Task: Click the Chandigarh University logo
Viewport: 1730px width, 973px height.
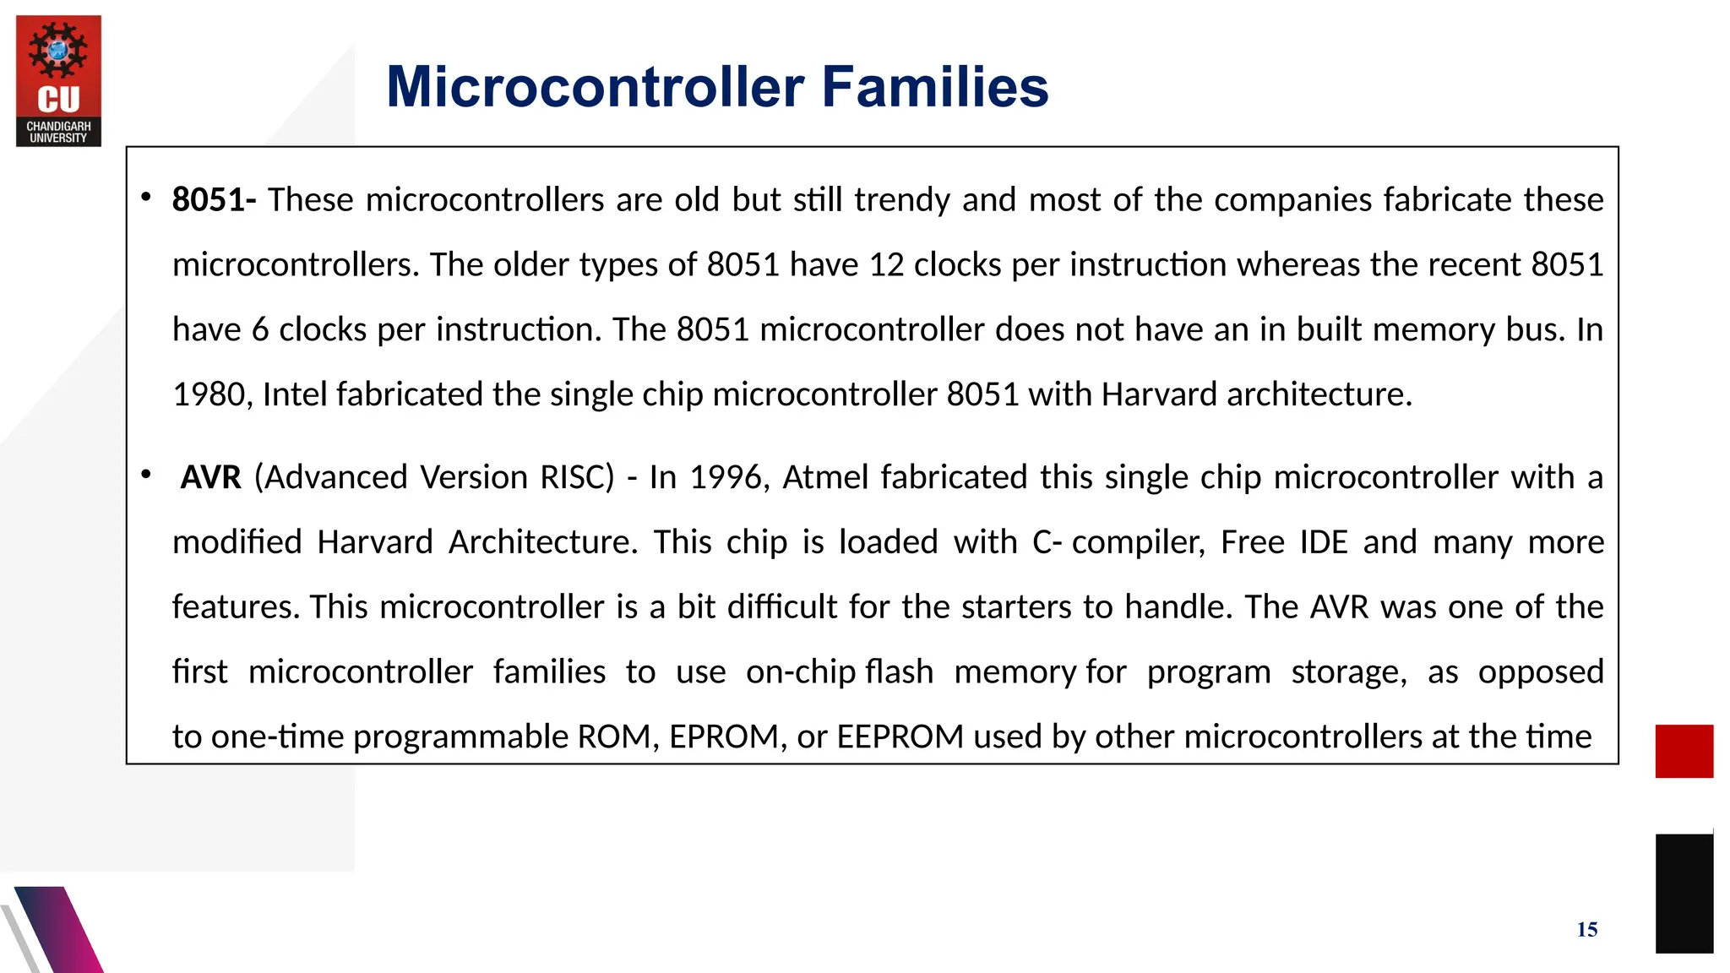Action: coord(58,81)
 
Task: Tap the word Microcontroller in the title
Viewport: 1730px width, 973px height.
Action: coord(595,87)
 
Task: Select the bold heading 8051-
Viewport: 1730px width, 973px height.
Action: coord(214,200)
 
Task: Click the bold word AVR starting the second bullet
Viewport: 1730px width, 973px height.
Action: coord(211,478)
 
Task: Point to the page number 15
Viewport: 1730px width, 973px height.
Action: coord(1586,930)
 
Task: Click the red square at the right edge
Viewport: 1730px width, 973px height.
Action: coord(1684,751)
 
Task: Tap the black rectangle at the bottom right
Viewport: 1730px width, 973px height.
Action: coord(1684,893)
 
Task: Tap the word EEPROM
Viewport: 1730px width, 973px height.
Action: coord(900,737)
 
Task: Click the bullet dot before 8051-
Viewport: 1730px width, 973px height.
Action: coord(146,198)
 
